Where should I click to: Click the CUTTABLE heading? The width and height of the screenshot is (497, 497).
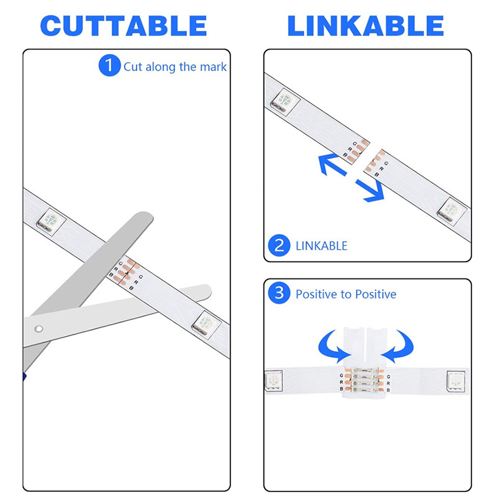tap(124, 25)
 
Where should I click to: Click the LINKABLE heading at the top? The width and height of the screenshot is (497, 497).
tap(365, 25)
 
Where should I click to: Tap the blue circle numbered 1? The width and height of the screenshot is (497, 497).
tap(109, 65)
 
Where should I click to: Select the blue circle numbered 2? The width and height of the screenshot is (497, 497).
tap(279, 245)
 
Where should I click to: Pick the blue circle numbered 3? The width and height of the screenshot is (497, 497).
tap(279, 293)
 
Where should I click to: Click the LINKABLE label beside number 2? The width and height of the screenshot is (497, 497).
tap(321, 246)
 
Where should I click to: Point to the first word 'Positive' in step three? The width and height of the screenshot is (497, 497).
tap(316, 294)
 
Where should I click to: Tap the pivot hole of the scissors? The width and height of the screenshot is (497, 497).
tap(39, 329)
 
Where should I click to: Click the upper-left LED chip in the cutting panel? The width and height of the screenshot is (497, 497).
tap(51, 222)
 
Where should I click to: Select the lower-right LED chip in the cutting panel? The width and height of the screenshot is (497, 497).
tap(206, 325)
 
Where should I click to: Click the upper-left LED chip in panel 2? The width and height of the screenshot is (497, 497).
tap(285, 102)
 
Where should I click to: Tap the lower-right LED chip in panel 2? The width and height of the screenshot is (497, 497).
tap(452, 211)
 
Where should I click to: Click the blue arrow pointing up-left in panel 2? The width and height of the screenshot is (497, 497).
tap(331, 163)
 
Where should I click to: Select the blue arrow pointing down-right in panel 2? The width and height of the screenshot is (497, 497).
tap(372, 191)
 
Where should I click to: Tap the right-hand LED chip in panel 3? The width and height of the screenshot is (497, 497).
tap(456, 381)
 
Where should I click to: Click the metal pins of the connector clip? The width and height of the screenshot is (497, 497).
tap(365, 380)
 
